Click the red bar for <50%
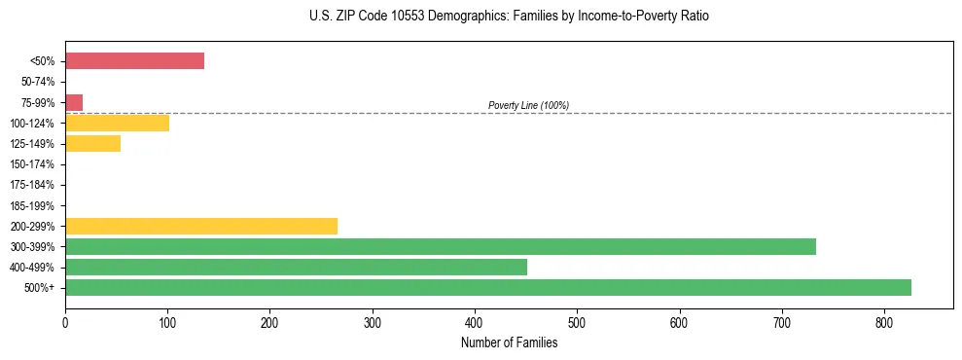tap(134, 61)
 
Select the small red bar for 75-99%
tap(74, 102)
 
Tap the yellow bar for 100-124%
tap(117, 123)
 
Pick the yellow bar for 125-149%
tap(92, 144)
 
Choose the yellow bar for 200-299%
tap(200, 226)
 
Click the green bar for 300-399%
tap(440, 247)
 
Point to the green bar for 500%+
tap(487, 288)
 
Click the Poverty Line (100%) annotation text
tap(528, 105)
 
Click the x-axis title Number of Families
tap(509, 342)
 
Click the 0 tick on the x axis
tap(65, 321)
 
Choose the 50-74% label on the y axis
tap(38, 82)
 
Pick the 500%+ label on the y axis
tap(40, 288)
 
